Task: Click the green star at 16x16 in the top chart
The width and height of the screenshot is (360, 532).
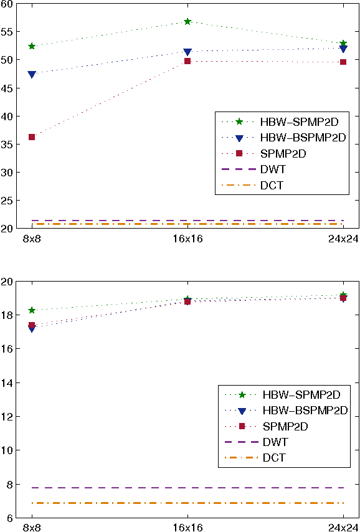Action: (x=187, y=21)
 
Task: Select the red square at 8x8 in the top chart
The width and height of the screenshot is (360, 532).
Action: (x=32, y=137)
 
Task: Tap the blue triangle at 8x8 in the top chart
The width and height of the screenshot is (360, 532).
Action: (x=32, y=75)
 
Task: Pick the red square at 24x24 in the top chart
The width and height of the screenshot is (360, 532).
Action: (x=343, y=62)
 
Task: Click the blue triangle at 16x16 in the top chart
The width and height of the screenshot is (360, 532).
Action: (x=187, y=52)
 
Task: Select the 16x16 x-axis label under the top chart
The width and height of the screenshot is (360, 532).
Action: (x=187, y=239)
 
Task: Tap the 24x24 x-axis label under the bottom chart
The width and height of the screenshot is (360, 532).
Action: (x=343, y=527)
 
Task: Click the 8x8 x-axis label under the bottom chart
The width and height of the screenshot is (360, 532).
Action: (x=32, y=527)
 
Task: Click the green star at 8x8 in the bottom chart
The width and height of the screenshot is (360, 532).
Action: (x=32, y=310)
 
